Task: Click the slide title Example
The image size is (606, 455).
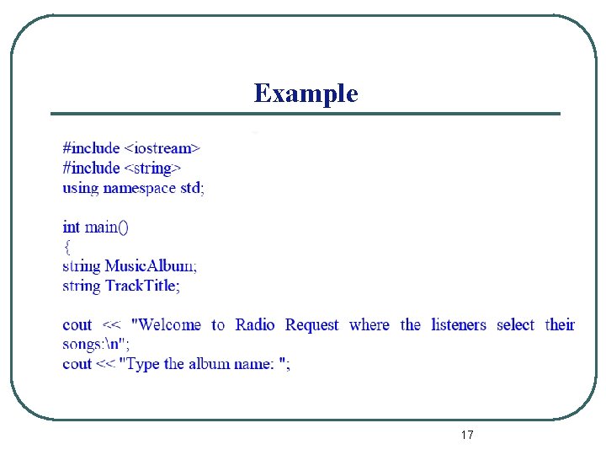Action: coord(306,94)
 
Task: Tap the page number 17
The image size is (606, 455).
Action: coord(467,435)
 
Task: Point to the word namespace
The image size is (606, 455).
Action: coord(140,187)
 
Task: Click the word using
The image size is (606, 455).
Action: coord(80,187)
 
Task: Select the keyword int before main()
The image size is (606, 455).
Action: coord(72,227)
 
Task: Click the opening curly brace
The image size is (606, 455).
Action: coord(66,246)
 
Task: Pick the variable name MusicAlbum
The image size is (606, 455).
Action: coord(151,266)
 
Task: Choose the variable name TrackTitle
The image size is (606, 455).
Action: coord(142,286)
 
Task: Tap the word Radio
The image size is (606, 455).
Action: coord(255,325)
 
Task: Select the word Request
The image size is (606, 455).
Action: coord(311,325)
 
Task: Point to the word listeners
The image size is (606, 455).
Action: coord(459,325)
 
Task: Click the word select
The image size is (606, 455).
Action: coord(515,325)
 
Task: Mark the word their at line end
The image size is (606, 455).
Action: coord(560,325)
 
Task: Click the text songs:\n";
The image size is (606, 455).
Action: coord(96,344)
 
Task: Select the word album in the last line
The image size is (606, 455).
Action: coord(209,364)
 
